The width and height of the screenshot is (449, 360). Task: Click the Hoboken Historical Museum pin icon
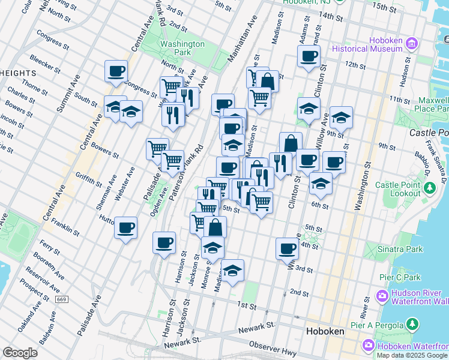tap(412, 43)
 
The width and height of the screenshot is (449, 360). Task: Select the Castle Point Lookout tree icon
tap(429, 189)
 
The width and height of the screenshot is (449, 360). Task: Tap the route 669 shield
tap(61, 299)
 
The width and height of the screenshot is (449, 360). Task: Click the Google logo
tap(20, 353)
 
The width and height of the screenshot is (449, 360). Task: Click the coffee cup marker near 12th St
tap(309, 56)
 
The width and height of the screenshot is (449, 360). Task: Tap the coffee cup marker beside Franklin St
tap(125, 227)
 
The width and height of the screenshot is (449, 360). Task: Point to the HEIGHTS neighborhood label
tap(18, 73)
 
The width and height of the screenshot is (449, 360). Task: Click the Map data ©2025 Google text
tap(411, 355)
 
